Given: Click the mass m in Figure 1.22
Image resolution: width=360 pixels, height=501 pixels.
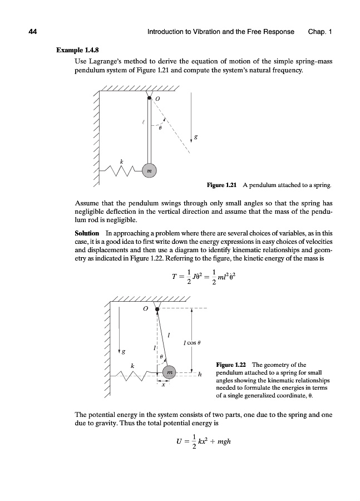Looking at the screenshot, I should point(170,372).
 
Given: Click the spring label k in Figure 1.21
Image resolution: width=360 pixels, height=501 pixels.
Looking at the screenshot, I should point(121,161).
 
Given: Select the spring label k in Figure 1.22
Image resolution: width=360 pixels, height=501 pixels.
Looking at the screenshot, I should point(132,365).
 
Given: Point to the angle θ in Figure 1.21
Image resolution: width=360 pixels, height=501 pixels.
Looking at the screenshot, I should point(160,127).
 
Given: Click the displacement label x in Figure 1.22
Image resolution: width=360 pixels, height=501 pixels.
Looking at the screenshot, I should point(163,385).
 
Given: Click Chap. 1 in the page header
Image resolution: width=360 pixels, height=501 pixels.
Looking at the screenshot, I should point(319,32).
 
